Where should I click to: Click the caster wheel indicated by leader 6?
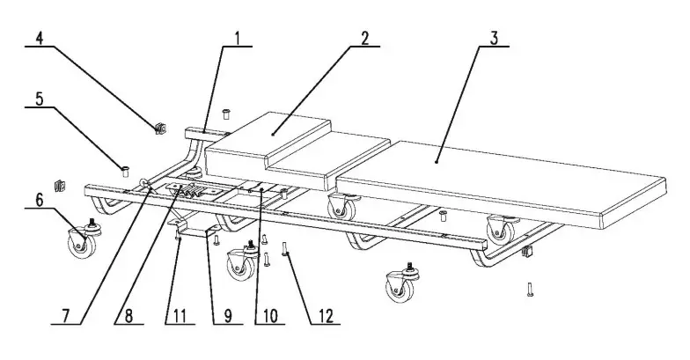click(80, 239)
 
